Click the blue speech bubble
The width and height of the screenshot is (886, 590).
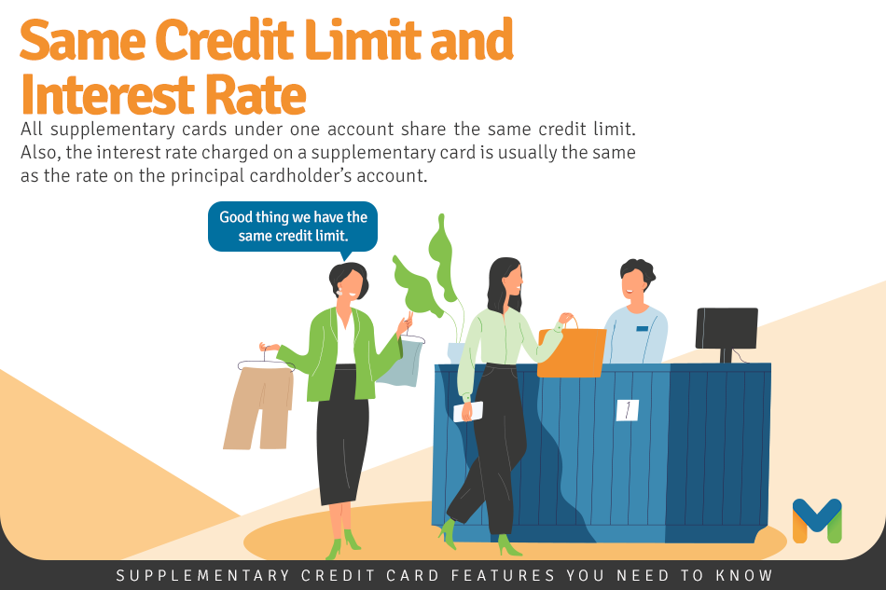[x=293, y=227]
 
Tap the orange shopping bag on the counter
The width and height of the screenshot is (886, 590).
[x=572, y=351]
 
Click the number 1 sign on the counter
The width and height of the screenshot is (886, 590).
[x=628, y=410]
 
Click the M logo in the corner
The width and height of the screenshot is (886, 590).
[x=817, y=520]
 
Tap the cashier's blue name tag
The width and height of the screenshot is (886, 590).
[x=642, y=329]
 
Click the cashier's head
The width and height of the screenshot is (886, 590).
[x=637, y=281]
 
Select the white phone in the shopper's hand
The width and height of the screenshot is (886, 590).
[x=468, y=412]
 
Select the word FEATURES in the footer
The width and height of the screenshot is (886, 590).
[x=503, y=575]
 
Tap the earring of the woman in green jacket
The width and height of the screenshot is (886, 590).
[x=340, y=293]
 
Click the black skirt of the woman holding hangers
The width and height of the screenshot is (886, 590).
[x=343, y=434]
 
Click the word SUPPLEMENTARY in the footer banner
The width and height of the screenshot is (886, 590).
[x=203, y=575]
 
